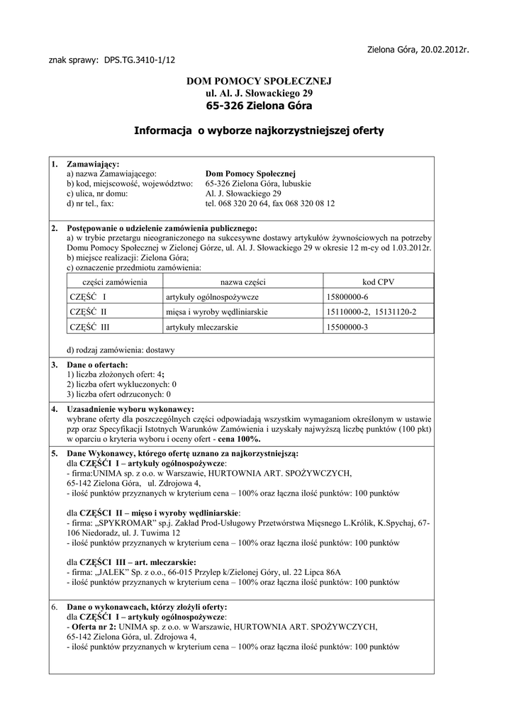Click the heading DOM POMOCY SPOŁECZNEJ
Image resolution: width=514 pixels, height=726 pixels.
click(x=259, y=82)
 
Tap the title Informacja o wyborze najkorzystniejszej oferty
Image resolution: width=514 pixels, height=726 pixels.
click(x=259, y=130)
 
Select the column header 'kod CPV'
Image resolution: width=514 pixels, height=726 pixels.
click(x=378, y=281)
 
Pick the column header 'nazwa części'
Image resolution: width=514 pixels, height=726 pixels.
click(x=240, y=281)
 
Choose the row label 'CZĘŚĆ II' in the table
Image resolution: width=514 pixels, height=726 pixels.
click(x=88, y=311)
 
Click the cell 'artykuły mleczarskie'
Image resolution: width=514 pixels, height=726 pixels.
click(x=201, y=327)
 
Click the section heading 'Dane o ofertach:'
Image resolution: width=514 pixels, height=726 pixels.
click(x=97, y=364)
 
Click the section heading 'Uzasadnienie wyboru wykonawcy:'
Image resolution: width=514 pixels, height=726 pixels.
click(x=130, y=410)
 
